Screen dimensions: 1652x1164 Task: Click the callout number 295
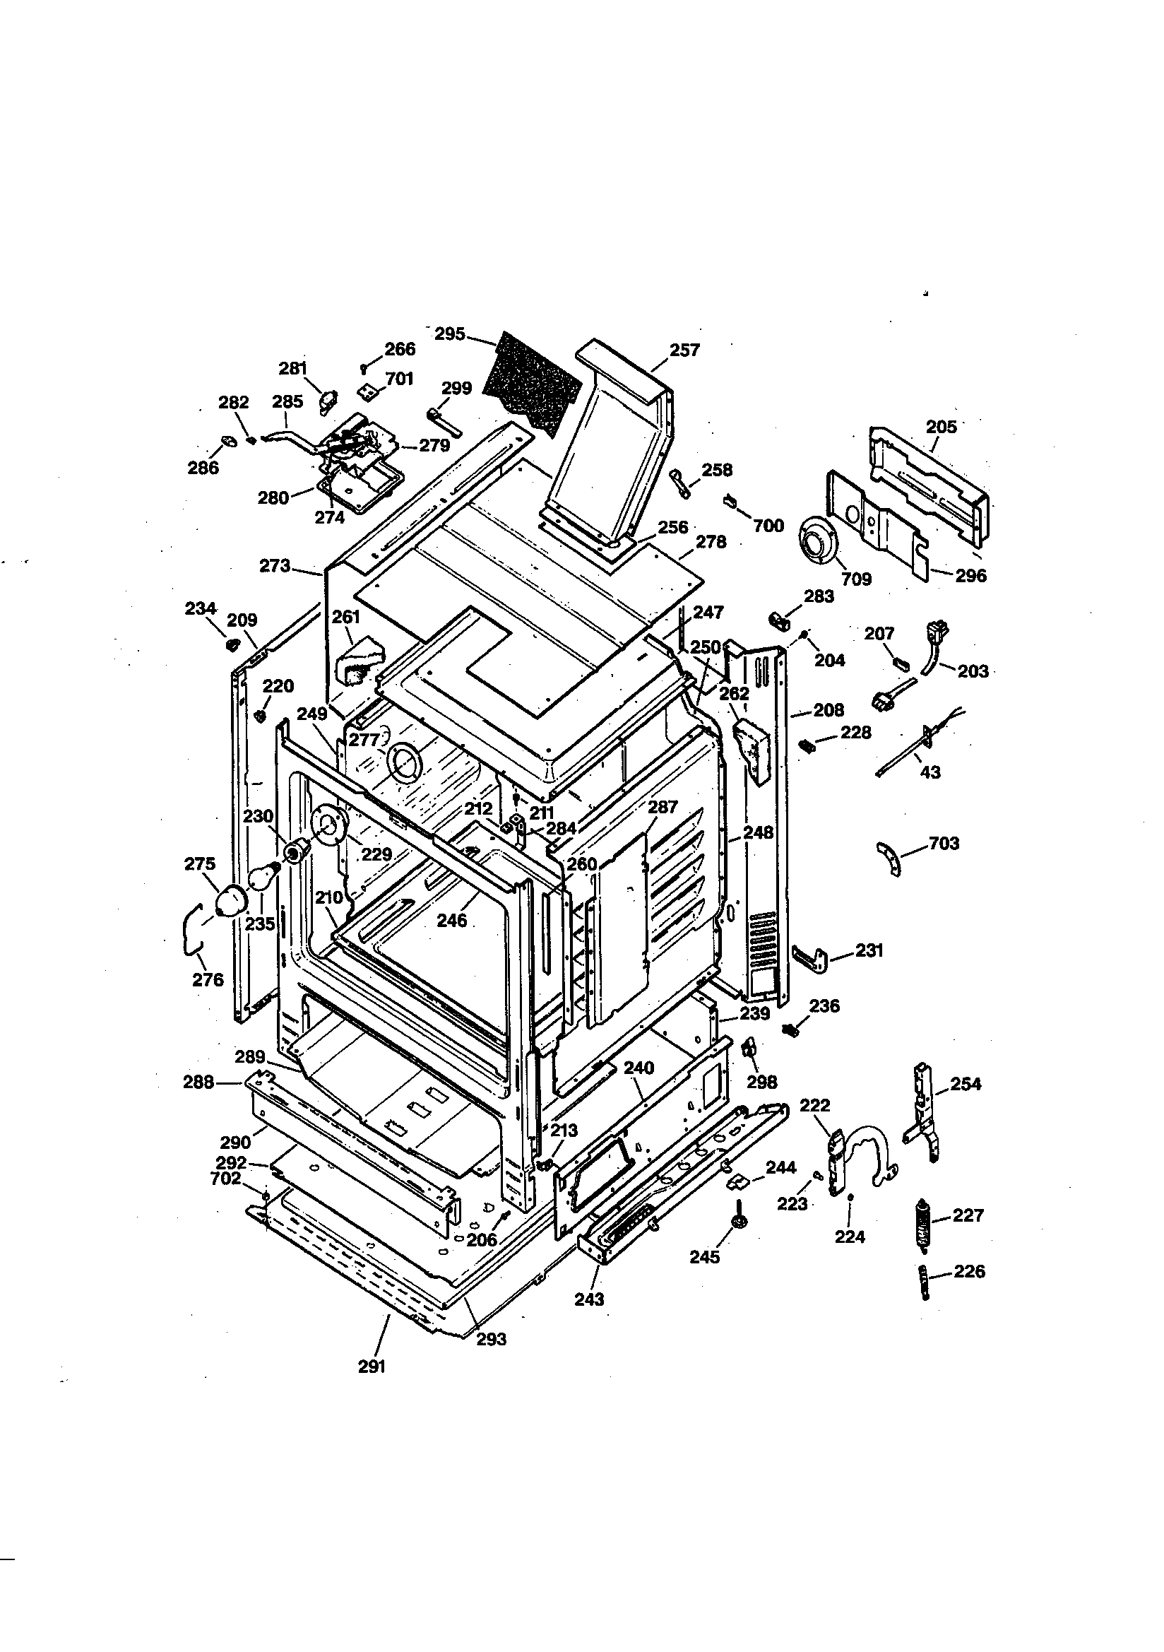pyautogui.click(x=450, y=335)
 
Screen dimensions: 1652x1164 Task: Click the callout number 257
pyautogui.click(x=684, y=350)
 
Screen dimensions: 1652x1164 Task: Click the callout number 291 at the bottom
pyautogui.click(x=372, y=1367)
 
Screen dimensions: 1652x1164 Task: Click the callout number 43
pyautogui.click(x=930, y=772)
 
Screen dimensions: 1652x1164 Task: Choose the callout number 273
pyautogui.click(x=275, y=566)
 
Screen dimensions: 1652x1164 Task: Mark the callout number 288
pyautogui.click(x=198, y=1081)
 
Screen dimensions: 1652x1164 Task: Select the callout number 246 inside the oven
pyautogui.click(x=452, y=920)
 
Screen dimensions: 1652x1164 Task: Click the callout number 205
pyautogui.click(x=941, y=427)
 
